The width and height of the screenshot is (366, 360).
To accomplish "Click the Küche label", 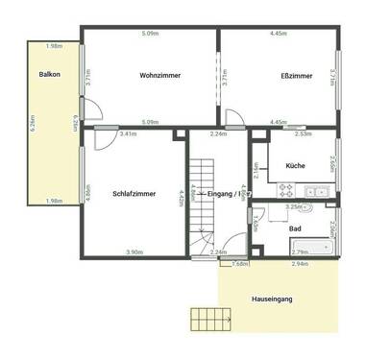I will tap(296, 165).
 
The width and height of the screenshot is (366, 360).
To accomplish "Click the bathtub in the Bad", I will tap(310, 248).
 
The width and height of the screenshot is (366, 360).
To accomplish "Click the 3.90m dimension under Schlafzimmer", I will tap(134, 252).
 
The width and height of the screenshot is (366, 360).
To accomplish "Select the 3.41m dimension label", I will tap(128, 133).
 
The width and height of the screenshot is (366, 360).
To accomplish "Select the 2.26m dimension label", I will tap(218, 133).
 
